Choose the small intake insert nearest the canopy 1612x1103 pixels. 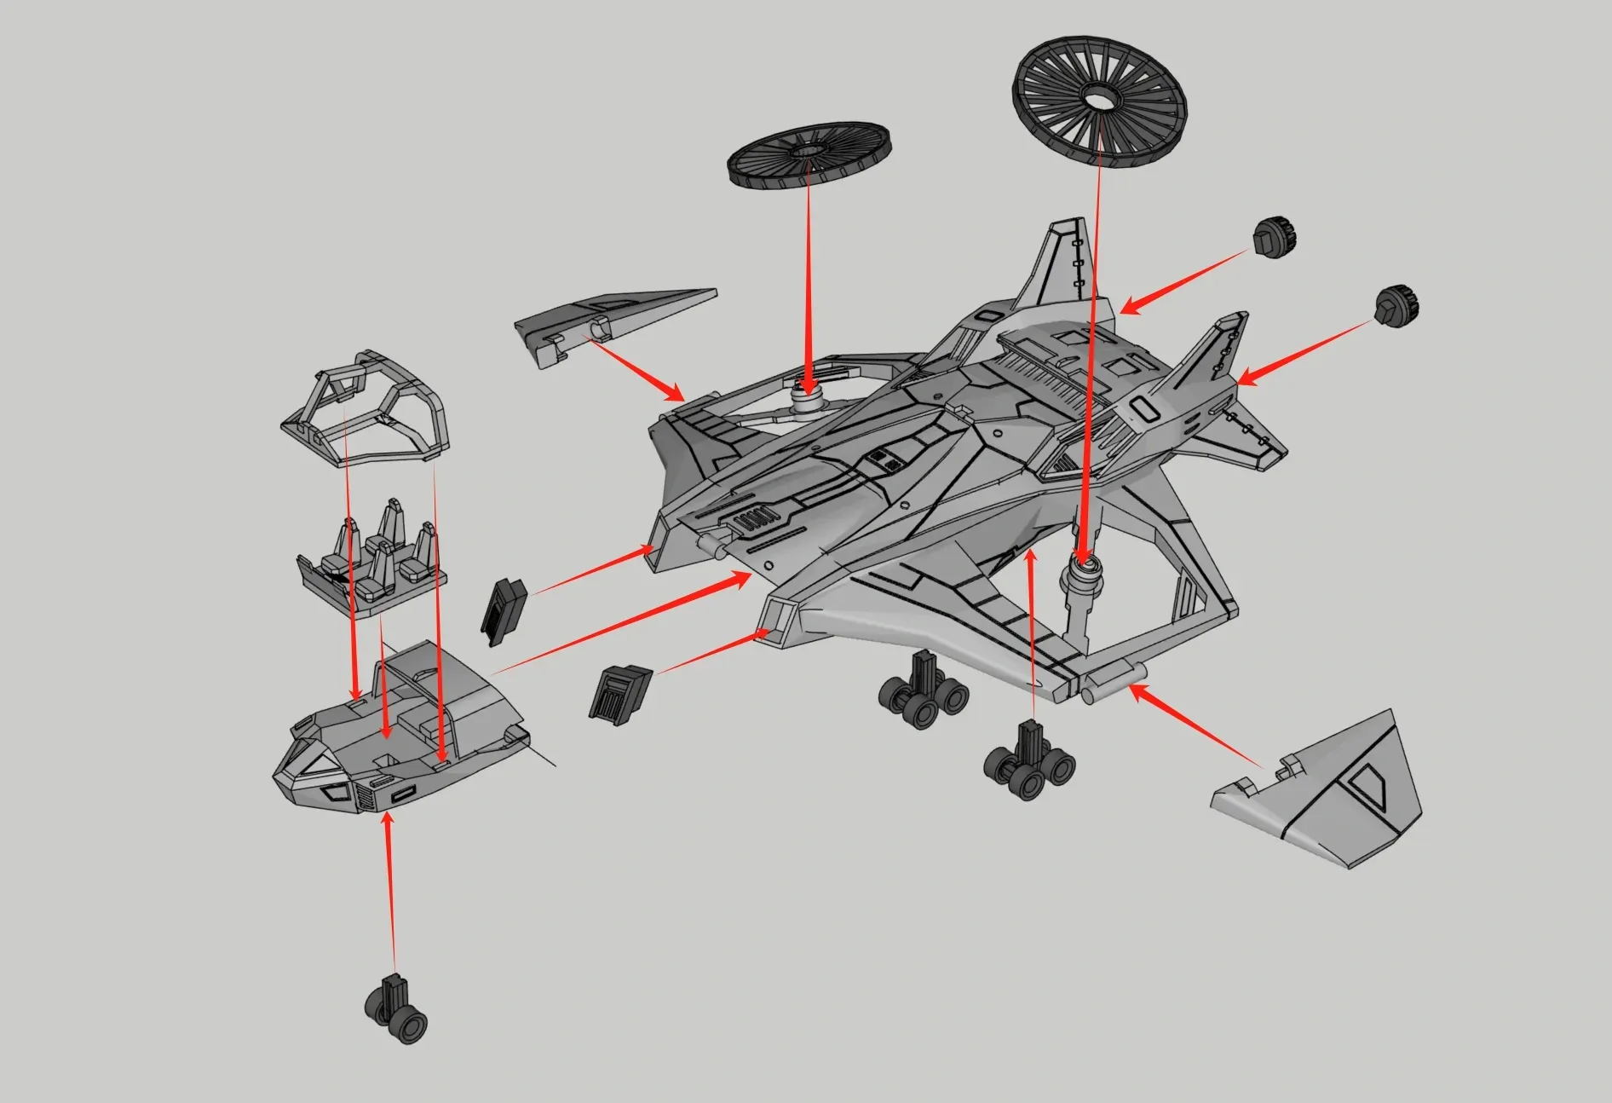click(504, 610)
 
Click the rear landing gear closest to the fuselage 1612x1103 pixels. click(924, 691)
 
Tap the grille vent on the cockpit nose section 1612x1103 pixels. click(365, 798)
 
